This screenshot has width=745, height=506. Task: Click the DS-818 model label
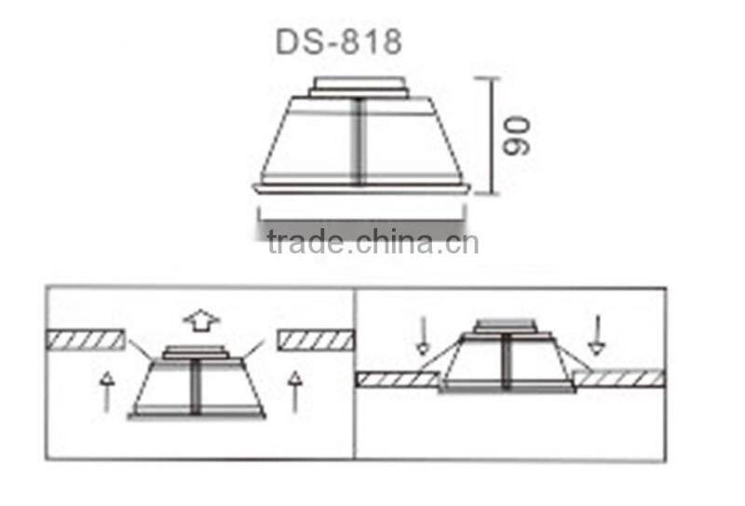(339, 42)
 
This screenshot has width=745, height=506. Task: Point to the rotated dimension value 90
(517, 135)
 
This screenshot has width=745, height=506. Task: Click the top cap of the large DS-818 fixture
(359, 87)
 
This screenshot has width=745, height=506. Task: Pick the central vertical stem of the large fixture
(359, 140)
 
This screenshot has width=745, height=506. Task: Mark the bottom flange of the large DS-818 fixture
(360, 189)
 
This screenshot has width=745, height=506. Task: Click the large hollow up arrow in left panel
(200, 321)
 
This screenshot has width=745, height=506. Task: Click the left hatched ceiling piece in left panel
(85, 339)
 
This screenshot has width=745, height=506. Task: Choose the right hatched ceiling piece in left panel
(316, 339)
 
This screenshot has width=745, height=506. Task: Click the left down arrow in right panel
(423, 335)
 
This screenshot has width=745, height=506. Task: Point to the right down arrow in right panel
(596, 335)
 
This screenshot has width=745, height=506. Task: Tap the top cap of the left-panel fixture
(195, 351)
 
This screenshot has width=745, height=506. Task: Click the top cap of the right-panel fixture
(506, 326)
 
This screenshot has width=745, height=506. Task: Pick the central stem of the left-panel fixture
(196, 387)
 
